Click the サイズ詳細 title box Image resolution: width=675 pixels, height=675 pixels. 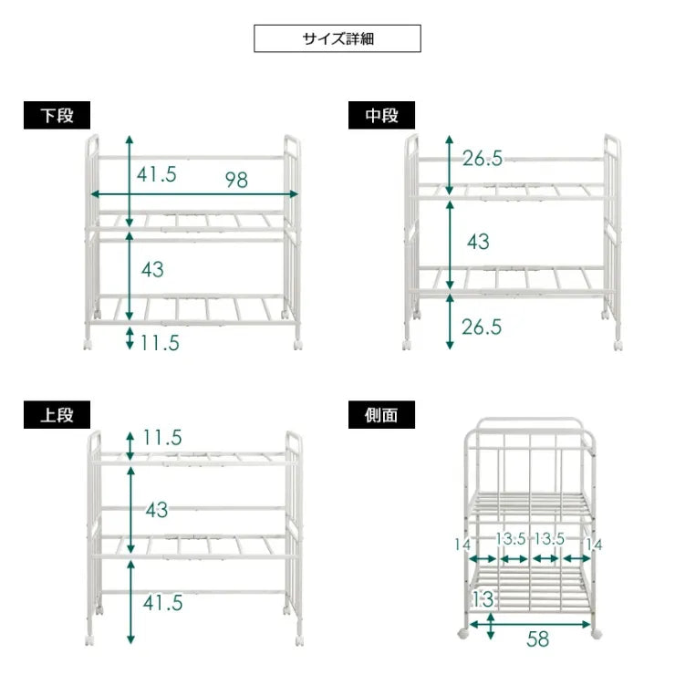(337, 38)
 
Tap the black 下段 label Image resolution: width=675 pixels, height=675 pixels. (57, 116)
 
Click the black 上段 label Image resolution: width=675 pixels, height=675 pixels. (57, 414)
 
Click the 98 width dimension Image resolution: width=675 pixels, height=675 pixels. (236, 180)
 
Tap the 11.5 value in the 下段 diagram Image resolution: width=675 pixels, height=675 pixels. (160, 343)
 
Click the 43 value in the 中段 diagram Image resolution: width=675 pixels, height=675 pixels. (478, 242)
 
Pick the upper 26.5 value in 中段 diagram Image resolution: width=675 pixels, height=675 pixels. (482, 159)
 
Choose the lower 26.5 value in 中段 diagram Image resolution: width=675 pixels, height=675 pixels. (482, 327)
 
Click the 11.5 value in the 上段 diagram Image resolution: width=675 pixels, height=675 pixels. (162, 438)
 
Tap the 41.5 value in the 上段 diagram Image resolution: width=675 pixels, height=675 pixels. (161, 602)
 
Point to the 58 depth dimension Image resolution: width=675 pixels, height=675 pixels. (538, 639)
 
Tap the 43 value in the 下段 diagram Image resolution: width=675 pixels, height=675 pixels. (153, 269)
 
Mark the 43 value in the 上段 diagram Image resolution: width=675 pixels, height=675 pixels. (157, 510)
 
